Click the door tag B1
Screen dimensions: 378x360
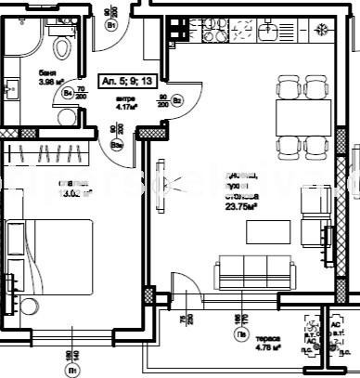tap(110, 26)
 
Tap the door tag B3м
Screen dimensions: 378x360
tap(116, 144)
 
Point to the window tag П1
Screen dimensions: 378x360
tap(71, 369)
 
